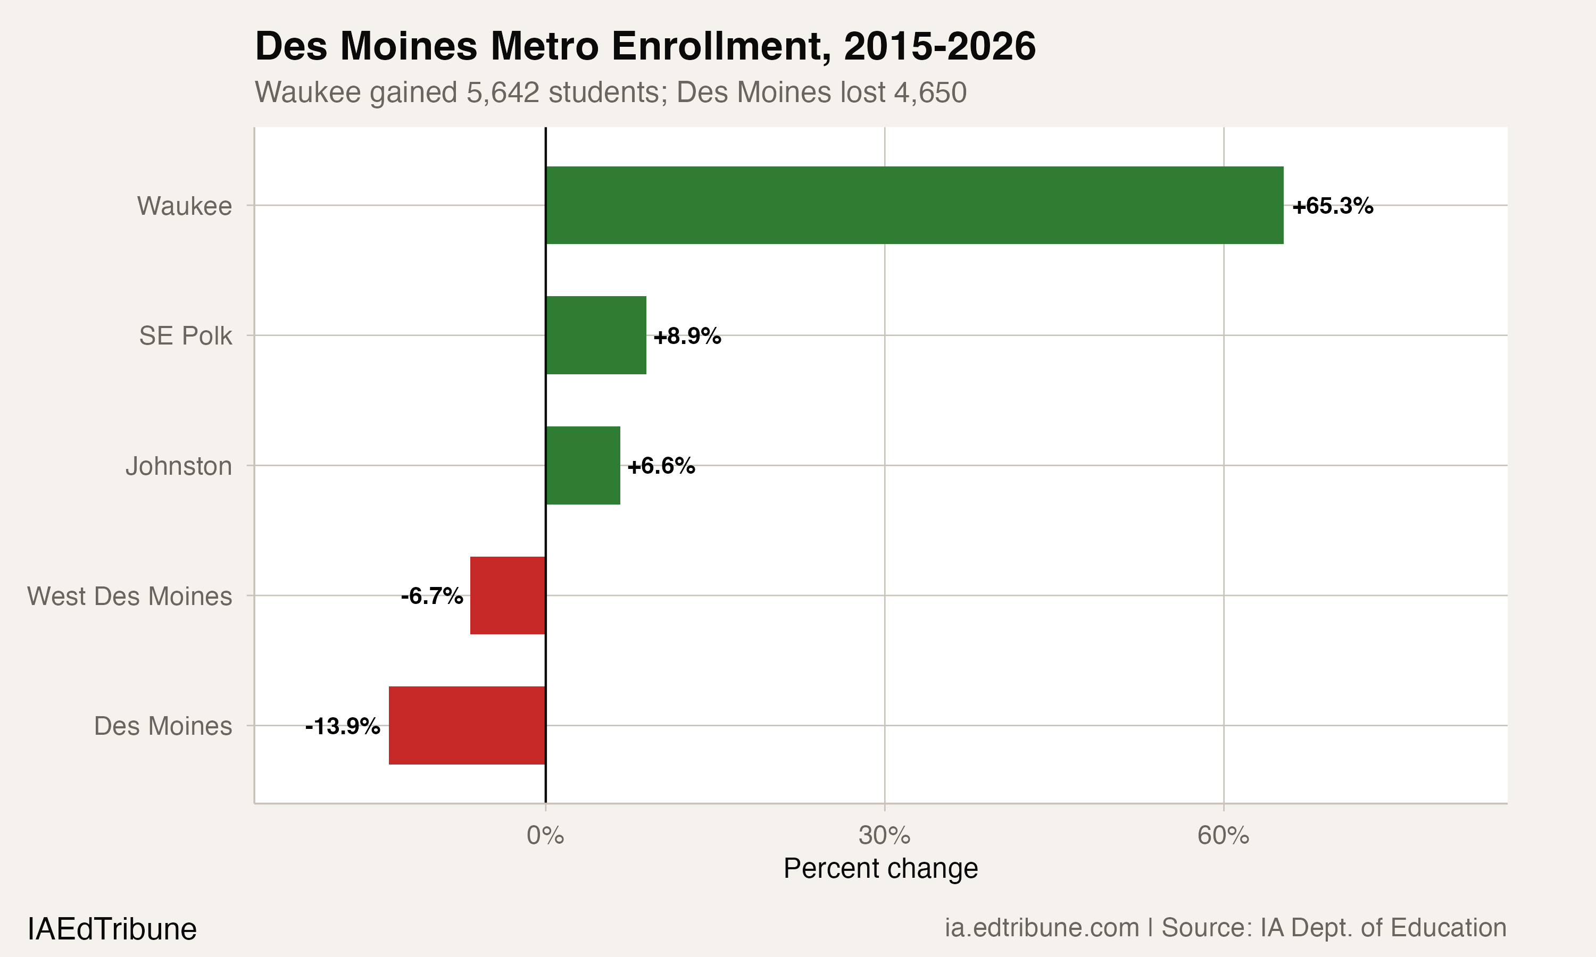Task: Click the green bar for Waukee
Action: (914, 205)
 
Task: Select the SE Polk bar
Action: (595, 335)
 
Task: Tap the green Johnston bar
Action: (583, 466)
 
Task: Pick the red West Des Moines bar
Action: (508, 595)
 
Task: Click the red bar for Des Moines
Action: (467, 726)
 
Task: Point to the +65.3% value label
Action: (1333, 206)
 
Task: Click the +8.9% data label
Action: (687, 336)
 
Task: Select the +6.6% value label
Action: (661, 466)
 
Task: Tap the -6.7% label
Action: (431, 596)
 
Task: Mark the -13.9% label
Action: (343, 726)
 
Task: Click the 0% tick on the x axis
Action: (545, 836)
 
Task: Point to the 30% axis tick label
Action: (884, 836)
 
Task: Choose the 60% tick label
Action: (1223, 836)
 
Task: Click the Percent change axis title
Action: (880, 869)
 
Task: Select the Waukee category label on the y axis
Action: (184, 206)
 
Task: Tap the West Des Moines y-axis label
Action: (130, 596)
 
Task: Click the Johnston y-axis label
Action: (179, 466)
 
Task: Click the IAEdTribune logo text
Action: (112, 929)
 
